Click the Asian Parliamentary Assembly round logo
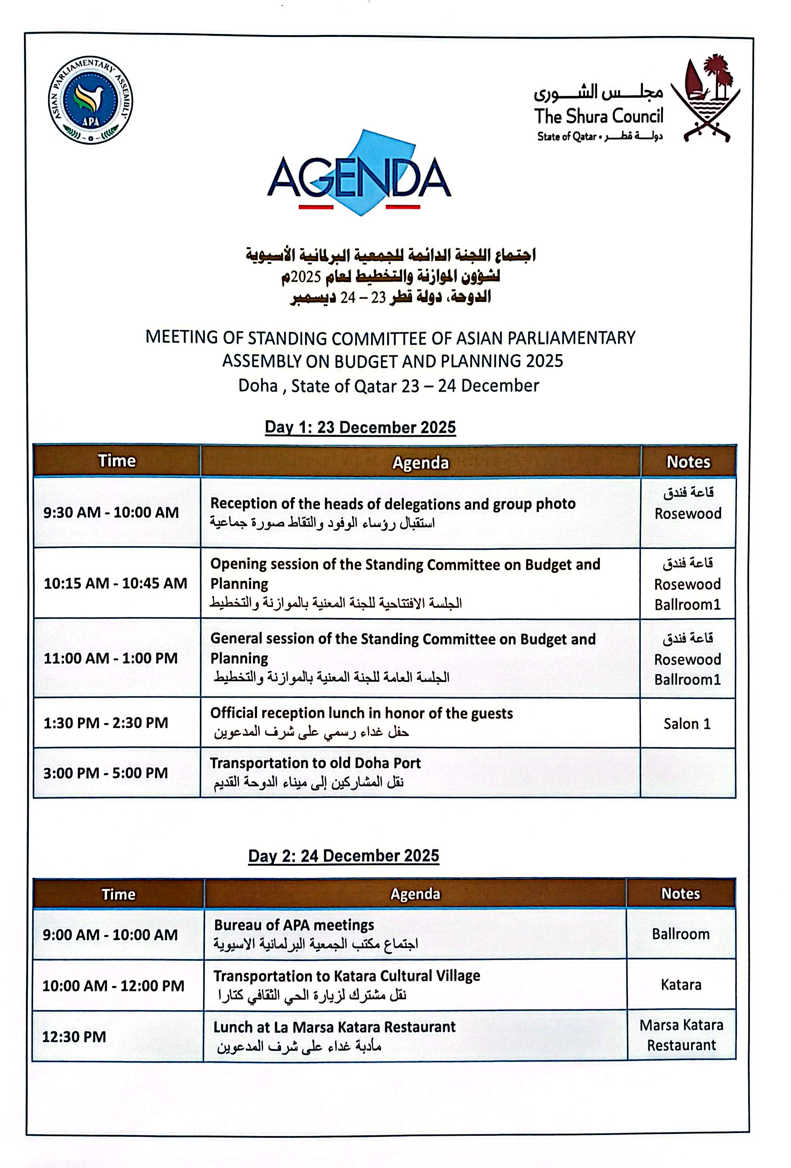(x=91, y=100)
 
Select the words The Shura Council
(x=598, y=116)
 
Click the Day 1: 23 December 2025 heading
(x=360, y=427)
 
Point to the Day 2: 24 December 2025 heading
(x=343, y=855)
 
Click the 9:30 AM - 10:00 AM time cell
(x=111, y=512)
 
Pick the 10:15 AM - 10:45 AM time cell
(x=115, y=583)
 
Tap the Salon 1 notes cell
(x=687, y=724)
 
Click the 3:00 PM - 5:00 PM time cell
(x=106, y=773)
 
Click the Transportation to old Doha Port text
(x=315, y=763)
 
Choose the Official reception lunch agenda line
(x=361, y=713)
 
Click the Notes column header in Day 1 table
(x=688, y=462)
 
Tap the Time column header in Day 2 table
(x=119, y=894)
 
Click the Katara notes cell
(x=681, y=984)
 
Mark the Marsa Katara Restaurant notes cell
(x=681, y=1035)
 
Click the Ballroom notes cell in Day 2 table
(x=681, y=934)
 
